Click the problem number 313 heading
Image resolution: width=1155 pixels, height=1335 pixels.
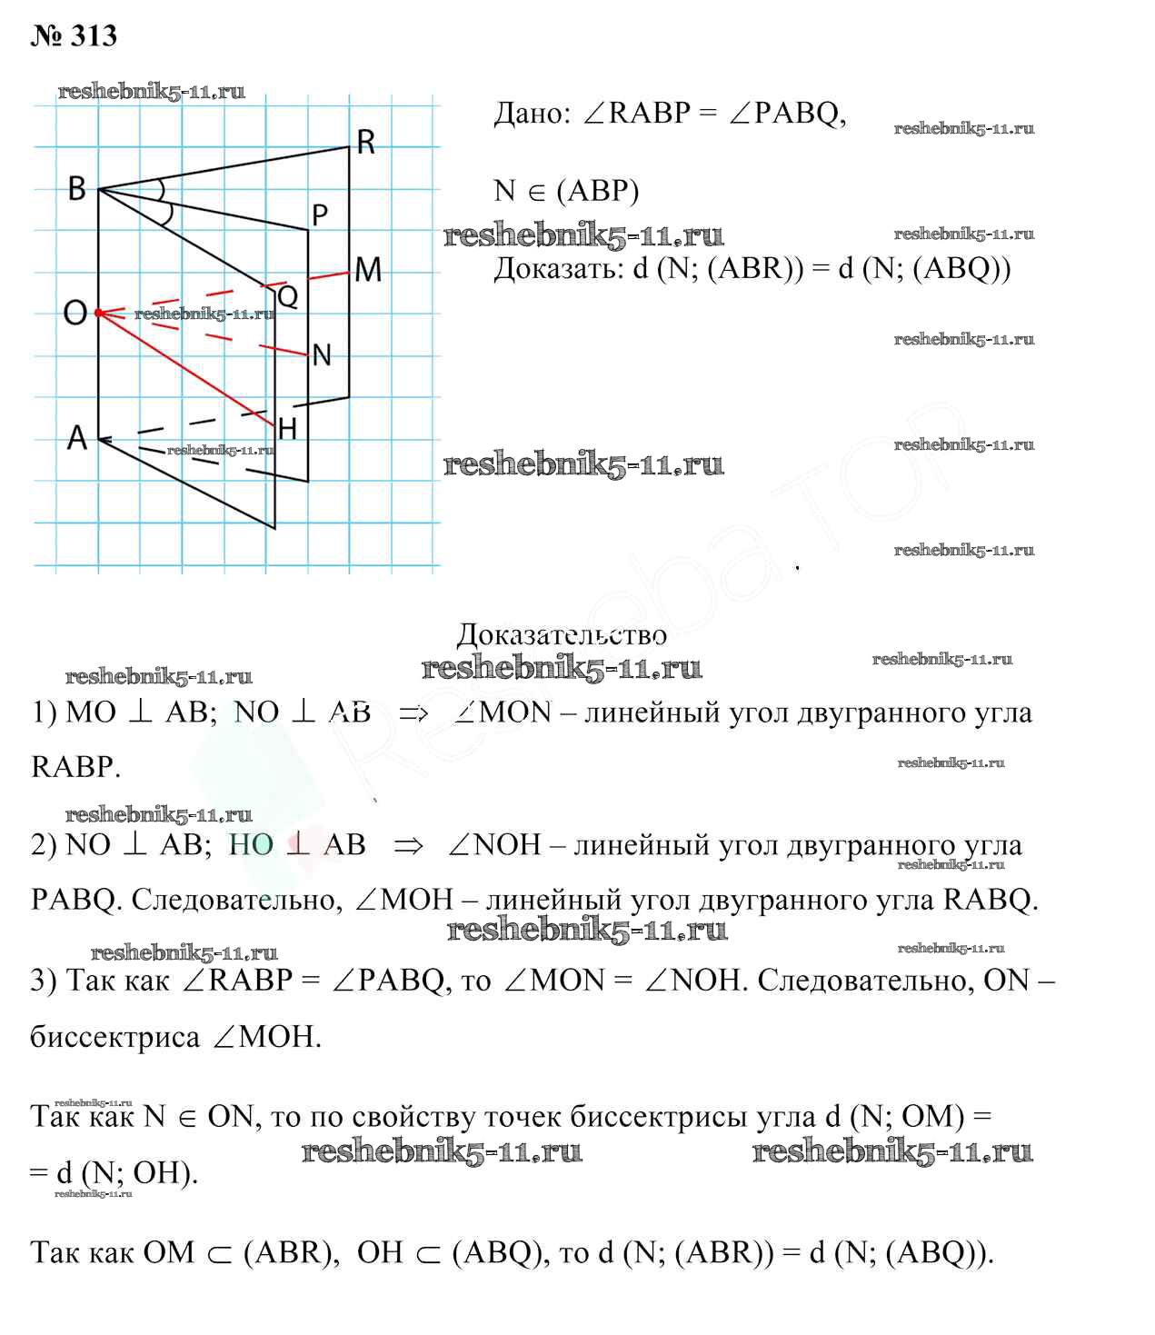coord(75,35)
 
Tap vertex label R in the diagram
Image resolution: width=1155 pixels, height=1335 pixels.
coord(365,143)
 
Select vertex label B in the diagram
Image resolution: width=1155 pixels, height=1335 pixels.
coord(77,188)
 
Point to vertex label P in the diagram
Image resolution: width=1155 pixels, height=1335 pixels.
coord(319,215)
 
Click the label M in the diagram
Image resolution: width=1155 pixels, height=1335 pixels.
coord(368,270)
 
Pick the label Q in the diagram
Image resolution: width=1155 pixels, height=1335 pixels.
coord(287,296)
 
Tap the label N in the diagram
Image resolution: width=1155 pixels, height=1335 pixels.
coord(322,355)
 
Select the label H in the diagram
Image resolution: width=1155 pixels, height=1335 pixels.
coord(287,429)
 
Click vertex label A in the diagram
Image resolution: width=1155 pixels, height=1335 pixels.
coord(77,438)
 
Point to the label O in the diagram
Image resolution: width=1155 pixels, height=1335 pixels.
coord(75,314)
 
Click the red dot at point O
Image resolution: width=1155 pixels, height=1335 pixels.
coord(98,313)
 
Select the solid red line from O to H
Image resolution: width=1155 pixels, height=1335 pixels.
coord(186,369)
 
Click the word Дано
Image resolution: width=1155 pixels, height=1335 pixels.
coord(531,114)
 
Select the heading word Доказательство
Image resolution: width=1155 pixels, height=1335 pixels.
coord(561,634)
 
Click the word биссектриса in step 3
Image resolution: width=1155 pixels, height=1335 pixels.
coord(115,1037)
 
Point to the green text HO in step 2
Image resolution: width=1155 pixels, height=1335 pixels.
coord(251,844)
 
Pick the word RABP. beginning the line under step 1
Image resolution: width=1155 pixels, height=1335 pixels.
coord(75,767)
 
